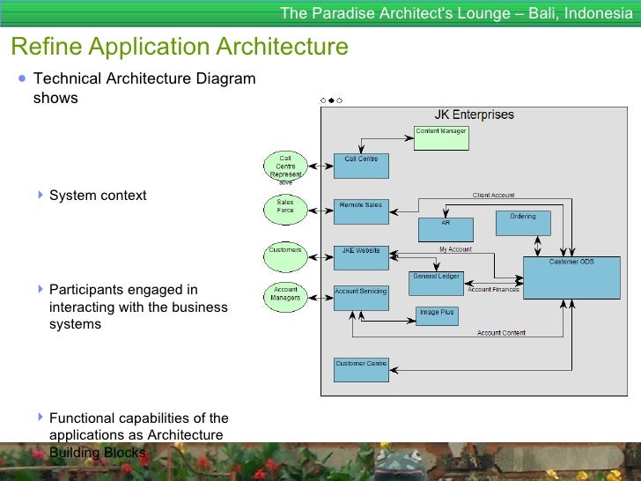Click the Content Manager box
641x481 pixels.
point(441,138)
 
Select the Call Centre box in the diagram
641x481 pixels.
point(361,166)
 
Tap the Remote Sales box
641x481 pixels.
point(361,211)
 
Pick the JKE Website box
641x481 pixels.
point(361,257)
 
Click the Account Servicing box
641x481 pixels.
point(361,298)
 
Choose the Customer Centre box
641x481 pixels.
point(361,369)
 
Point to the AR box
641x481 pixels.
point(446,230)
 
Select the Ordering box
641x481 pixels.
point(523,223)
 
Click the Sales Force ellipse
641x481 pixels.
point(285,208)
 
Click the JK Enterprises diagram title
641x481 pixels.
point(474,115)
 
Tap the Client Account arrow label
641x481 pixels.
point(493,195)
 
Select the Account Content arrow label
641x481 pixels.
point(501,333)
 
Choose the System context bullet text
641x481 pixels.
point(98,196)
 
